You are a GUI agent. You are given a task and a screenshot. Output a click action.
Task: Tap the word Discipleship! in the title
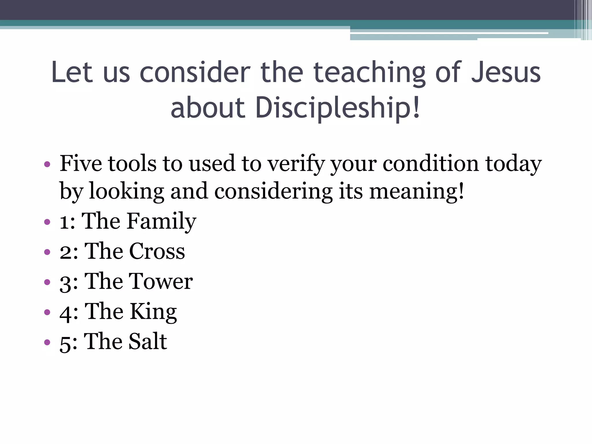(x=337, y=108)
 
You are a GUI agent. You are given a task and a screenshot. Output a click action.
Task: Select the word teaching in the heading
(x=369, y=73)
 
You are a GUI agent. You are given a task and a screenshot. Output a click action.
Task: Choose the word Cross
(x=157, y=251)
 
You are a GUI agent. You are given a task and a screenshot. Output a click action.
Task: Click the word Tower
(x=160, y=281)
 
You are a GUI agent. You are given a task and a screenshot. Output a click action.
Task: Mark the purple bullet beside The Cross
(x=47, y=252)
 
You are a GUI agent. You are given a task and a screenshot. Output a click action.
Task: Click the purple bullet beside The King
(x=47, y=312)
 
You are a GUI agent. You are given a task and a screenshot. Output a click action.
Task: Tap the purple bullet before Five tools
(x=47, y=165)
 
